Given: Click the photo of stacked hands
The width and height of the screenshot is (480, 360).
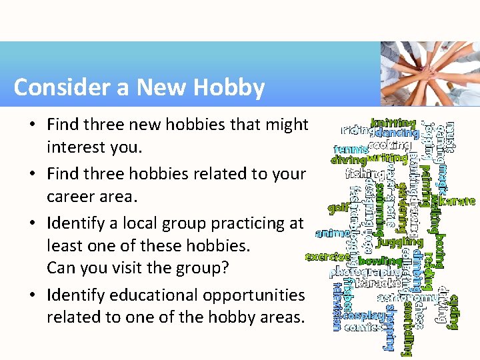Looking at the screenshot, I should click(429, 73).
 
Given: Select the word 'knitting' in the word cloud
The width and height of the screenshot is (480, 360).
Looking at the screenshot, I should click(393, 123).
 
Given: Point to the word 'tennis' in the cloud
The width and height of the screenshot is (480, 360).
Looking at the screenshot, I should click(350, 149).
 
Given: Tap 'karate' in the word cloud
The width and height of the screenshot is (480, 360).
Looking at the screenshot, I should click(458, 200).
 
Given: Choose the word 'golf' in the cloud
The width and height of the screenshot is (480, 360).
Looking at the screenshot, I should click(338, 207).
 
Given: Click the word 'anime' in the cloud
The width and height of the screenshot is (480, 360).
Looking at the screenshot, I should click(331, 233).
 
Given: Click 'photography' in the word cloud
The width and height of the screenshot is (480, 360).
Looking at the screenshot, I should click(365, 272).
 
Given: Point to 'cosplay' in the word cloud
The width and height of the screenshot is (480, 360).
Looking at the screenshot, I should click(365, 315).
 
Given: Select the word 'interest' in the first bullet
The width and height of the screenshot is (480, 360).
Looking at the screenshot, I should click(73, 147).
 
